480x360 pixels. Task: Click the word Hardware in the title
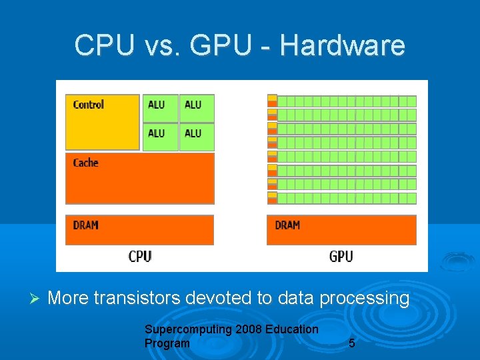coord(342,45)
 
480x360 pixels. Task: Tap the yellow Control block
coord(103,121)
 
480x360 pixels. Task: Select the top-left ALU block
coord(160,108)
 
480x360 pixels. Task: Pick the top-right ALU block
coord(197,108)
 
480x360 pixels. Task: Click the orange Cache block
coord(140,178)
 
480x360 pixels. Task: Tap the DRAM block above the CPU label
coord(140,229)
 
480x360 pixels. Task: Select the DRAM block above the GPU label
coord(341,229)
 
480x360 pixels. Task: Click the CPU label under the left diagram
coord(140,256)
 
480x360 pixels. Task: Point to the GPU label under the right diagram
coord(341,256)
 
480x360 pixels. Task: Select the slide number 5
coord(352,344)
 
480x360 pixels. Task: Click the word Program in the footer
coord(167,343)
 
